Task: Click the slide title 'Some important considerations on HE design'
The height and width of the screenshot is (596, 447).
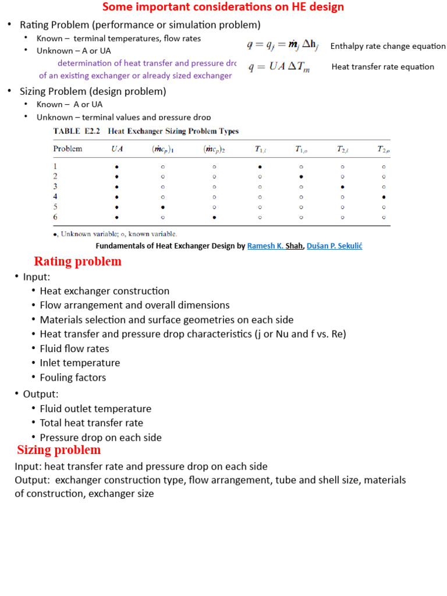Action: click(x=223, y=7)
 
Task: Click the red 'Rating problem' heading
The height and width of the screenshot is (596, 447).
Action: click(x=77, y=261)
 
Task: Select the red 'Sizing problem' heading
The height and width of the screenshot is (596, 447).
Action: click(x=59, y=450)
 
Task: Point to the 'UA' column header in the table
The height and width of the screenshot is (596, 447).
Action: click(x=117, y=149)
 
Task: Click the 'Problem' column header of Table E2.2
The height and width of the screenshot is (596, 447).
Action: click(x=68, y=149)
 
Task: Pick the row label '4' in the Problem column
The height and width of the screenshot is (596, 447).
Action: click(x=55, y=197)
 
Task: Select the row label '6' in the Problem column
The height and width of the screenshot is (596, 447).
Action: click(x=55, y=217)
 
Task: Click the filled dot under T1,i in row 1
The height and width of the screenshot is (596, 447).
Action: click(x=260, y=166)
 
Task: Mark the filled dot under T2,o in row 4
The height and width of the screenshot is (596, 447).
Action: click(x=384, y=197)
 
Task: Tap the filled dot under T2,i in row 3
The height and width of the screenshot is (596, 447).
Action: click(x=342, y=187)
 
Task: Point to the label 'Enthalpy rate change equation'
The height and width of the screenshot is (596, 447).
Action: click(x=388, y=46)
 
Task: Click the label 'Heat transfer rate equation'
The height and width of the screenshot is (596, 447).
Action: click(x=382, y=67)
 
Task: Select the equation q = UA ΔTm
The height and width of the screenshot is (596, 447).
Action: click(x=279, y=68)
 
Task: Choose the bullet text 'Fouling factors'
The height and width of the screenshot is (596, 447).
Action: click(x=73, y=377)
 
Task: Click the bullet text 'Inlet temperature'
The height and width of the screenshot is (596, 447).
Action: click(x=80, y=363)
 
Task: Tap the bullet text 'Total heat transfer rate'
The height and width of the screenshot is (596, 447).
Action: click(x=91, y=423)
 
